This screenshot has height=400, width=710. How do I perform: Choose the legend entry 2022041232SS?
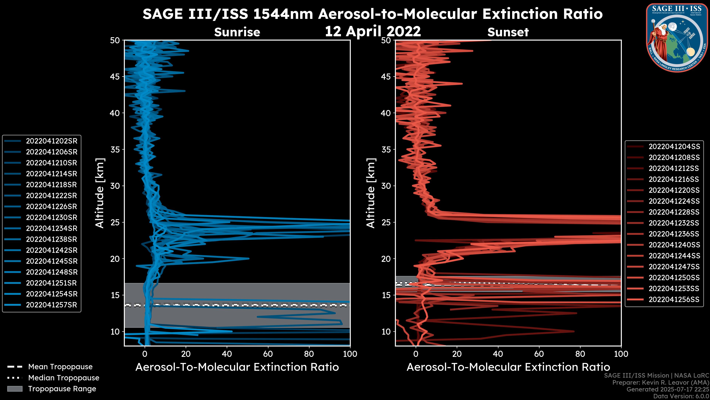coord(674,223)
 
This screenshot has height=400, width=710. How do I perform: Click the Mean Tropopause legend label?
coord(60,367)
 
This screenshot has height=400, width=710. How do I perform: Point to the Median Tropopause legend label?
coord(64,378)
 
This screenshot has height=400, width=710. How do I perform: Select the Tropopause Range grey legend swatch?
coord(15,389)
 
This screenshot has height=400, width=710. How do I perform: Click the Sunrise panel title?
coord(237,32)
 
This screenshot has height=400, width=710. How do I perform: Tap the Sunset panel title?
coord(508,32)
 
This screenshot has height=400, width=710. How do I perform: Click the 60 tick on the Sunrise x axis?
coord(268,354)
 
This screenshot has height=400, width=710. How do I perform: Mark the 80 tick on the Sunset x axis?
coord(580,354)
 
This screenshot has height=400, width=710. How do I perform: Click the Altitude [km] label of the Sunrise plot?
coord(100,193)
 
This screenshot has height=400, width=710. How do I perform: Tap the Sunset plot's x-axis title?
coord(508,367)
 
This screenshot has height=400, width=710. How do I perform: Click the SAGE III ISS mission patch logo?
coord(676,38)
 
